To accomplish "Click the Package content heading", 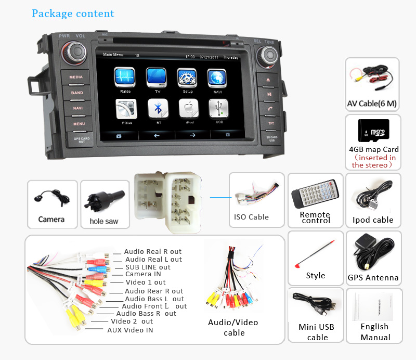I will (x=73, y=14).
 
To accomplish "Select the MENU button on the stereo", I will (x=79, y=124).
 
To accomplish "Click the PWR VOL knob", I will (x=73, y=52).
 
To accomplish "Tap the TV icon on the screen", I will (x=157, y=78).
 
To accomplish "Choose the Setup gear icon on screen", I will (x=187, y=78).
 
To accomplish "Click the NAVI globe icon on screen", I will (x=216, y=78).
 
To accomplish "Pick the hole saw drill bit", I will (x=103, y=199).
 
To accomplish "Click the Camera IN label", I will (x=143, y=274).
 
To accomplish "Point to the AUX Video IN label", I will (x=130, y=330).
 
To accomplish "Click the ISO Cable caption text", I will (x=251, y=217).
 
